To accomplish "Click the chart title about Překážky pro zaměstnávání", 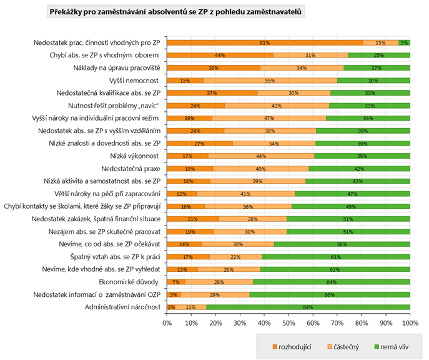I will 176,12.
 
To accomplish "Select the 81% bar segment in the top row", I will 265,42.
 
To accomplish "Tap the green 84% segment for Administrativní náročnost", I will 308,306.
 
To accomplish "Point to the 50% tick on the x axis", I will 288,322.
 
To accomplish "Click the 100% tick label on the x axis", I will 410,322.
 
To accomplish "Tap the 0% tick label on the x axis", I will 167,322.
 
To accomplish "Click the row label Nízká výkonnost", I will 135,155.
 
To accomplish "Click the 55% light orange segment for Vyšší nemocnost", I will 270,80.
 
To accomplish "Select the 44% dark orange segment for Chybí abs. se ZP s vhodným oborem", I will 220,55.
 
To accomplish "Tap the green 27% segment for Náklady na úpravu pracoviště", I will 377,67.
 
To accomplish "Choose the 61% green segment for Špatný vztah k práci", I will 335,256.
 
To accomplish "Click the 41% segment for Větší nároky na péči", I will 245,193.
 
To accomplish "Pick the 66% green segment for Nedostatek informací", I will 330,294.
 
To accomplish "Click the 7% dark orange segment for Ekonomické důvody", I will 175,281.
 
